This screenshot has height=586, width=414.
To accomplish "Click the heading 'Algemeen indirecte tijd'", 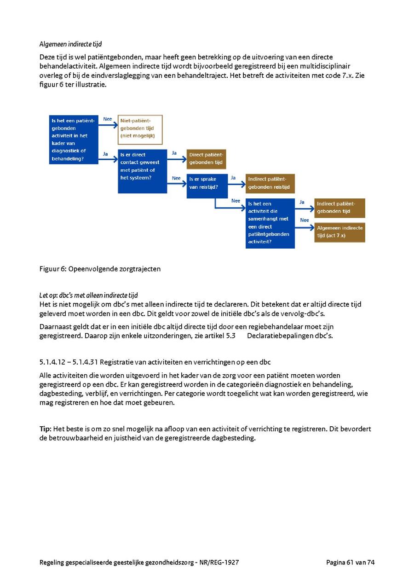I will click(70, 44).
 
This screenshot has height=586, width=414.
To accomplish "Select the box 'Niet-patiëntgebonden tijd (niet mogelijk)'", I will click(140, 129).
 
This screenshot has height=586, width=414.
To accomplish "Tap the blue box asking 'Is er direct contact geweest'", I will click(143, 171).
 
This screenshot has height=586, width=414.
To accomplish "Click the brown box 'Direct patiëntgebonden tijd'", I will click(206, 159).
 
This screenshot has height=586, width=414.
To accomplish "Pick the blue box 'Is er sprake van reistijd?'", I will click(207, 186).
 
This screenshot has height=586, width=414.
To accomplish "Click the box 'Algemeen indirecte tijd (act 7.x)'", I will click(339, 232).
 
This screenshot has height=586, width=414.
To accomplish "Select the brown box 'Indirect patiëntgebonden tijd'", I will click(339, 208).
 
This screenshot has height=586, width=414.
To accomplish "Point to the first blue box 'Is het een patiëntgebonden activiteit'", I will click(74, 139).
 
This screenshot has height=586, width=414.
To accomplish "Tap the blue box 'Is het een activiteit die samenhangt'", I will click(270, 223).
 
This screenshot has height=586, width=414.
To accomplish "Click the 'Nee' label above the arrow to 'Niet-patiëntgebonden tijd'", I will click(108, 119).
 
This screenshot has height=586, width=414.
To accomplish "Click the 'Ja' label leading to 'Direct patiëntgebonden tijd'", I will click(174, 153).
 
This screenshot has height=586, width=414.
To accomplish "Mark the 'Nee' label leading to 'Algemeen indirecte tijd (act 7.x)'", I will click(305, 220).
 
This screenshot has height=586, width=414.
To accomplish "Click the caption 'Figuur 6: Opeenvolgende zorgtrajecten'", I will click(100, 269).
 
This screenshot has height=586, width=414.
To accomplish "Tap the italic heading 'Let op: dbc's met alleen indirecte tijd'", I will click(88, 296).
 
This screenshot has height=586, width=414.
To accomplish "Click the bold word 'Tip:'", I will click(45, 429).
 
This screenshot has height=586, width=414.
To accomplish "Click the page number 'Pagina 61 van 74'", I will click(350, 562).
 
